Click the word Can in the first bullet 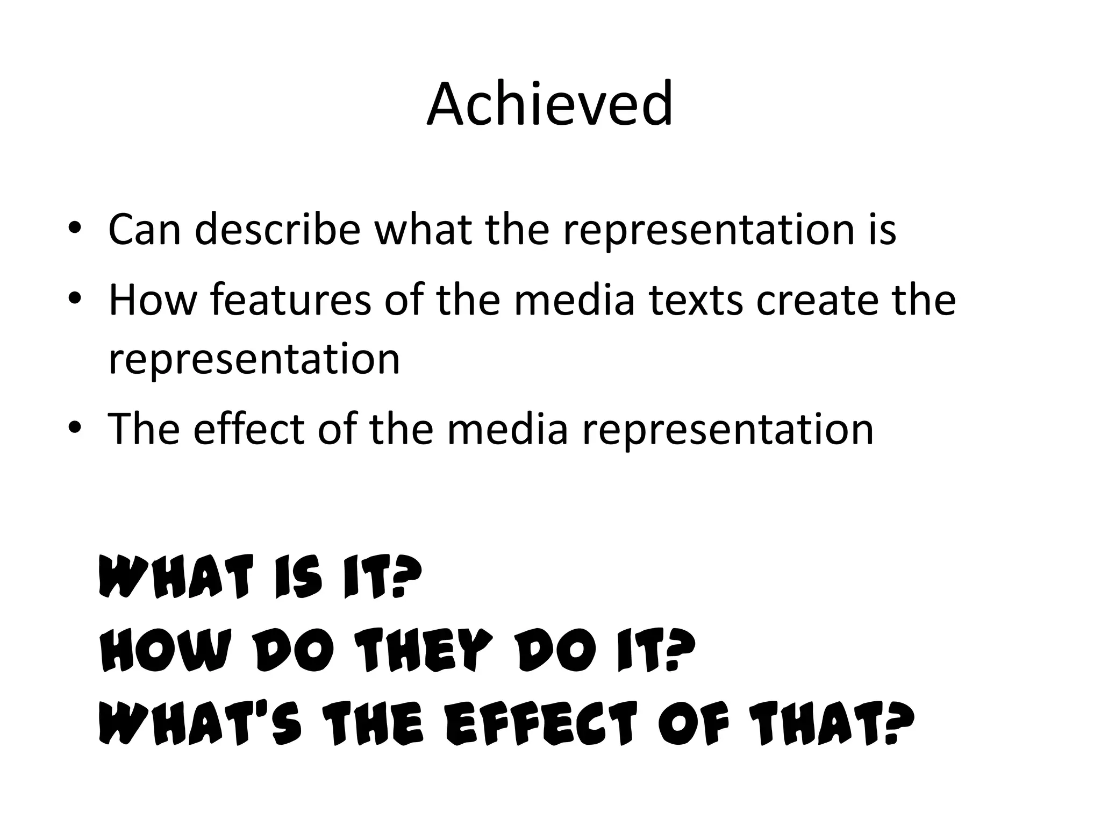point(145,230)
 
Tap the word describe point(277,230)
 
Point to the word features point(290,300)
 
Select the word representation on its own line point(254,359)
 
